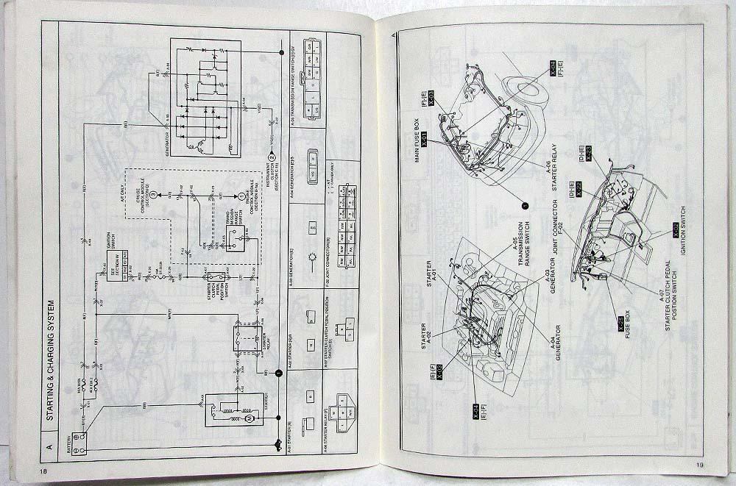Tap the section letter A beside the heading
[x=50, y=446]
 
